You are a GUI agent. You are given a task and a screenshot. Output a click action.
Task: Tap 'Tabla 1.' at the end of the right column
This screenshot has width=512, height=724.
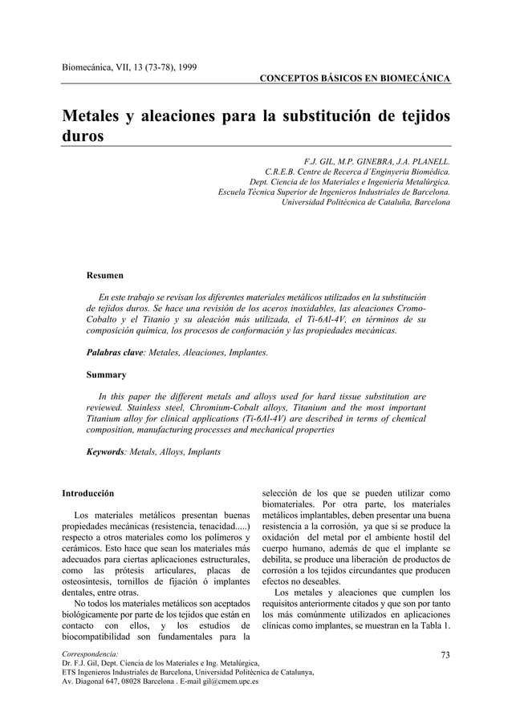430,625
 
